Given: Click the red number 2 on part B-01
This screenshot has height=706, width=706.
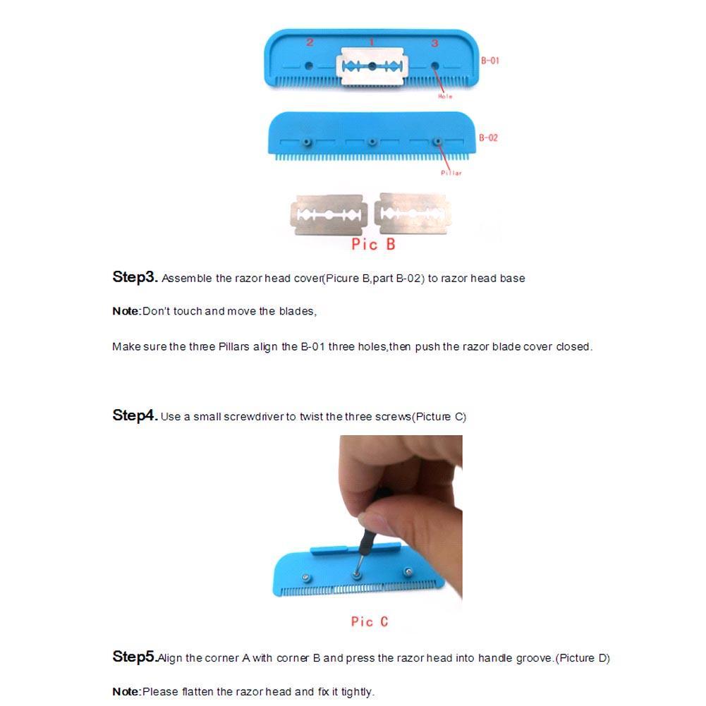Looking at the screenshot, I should pos(310,42).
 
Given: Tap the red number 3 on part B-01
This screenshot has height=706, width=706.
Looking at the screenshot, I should pos(434,43).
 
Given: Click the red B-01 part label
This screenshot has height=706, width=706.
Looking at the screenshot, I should pos(490,61).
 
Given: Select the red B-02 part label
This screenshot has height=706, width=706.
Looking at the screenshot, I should pos(489,138).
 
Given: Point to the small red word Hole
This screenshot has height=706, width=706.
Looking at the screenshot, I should pos(445,97).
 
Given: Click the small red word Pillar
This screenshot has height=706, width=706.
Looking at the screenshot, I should pos(451,173).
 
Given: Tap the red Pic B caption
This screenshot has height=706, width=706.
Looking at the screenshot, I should pos(373,245).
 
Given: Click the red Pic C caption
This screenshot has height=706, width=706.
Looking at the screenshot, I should pos(370,621).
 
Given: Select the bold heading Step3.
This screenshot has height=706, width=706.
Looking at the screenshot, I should pos(135,276).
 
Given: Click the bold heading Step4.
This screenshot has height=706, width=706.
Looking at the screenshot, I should pos(135,415).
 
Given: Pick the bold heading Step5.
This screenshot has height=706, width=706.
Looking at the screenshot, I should pos(134,657).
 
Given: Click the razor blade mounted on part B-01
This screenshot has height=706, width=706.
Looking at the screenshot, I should pos(372,66).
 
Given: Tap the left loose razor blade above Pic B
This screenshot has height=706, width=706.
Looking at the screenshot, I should pos(328,214).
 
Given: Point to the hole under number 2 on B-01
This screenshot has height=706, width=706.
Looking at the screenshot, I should pos(309,66).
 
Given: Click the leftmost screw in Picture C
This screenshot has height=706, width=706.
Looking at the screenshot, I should pos(305,578).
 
